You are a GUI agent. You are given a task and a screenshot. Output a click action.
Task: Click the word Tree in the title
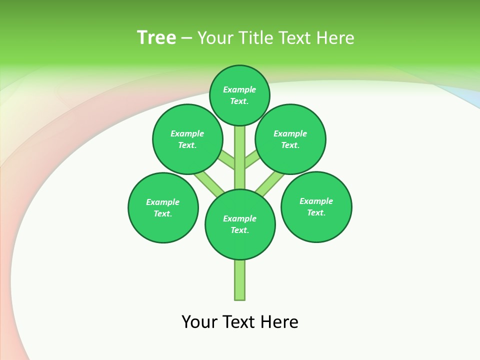[156, 37]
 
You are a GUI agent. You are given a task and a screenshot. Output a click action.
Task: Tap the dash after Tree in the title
[186, 38]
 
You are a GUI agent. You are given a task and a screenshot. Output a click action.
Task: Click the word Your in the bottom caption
[199, 322]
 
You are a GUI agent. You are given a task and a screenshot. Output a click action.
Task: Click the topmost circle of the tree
[239, 95]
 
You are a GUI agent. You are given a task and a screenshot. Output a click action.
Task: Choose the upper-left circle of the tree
[187, 139]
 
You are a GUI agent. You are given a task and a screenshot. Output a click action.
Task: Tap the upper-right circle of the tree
[290, 139]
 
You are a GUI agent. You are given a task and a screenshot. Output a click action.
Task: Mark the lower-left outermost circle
[163, 207]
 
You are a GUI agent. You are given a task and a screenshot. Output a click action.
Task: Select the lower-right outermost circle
[316, 206]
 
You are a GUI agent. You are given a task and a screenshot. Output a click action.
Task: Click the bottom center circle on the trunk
[240, 224]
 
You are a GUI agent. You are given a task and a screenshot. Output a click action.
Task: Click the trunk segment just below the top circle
[240, 137]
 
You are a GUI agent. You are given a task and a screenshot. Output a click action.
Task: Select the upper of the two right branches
[252, 160]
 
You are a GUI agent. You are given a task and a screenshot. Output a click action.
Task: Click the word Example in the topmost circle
[239, 89]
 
